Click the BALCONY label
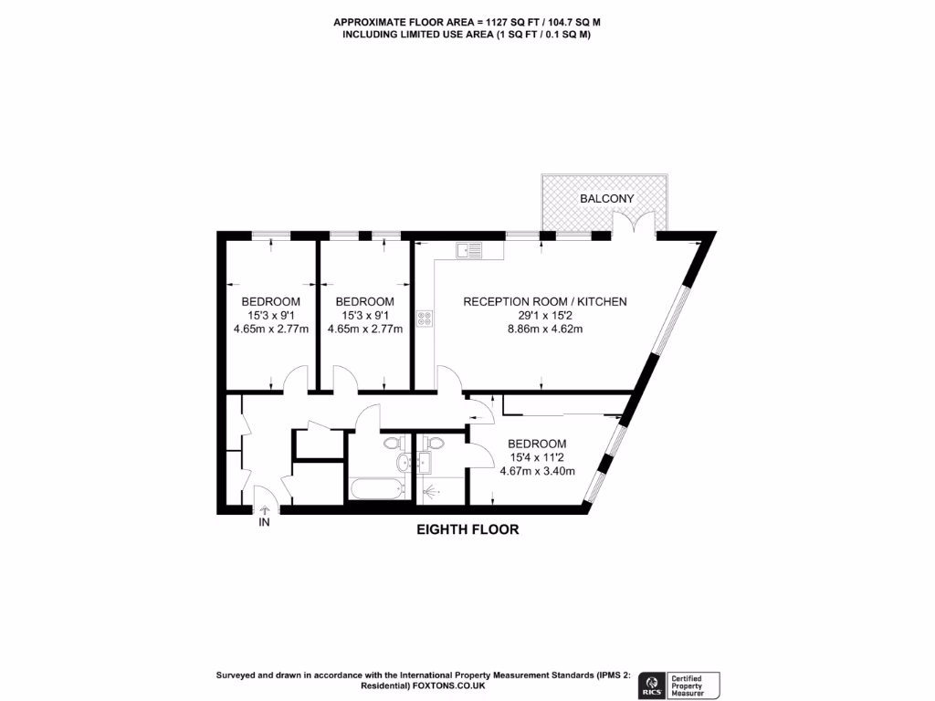(606, 198)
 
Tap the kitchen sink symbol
(469, 248)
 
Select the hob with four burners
(425, 318)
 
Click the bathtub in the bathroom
(376, 488)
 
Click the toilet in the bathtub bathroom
(393, 445)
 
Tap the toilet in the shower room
(435, 445)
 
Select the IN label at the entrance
(265, 524)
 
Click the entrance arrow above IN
(265, 510)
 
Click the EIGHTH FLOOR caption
(467, 529)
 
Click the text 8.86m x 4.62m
(544, 330)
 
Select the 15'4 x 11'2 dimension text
(537, 457)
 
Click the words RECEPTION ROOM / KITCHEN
(545, 301)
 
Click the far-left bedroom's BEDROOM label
(270, 301)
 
